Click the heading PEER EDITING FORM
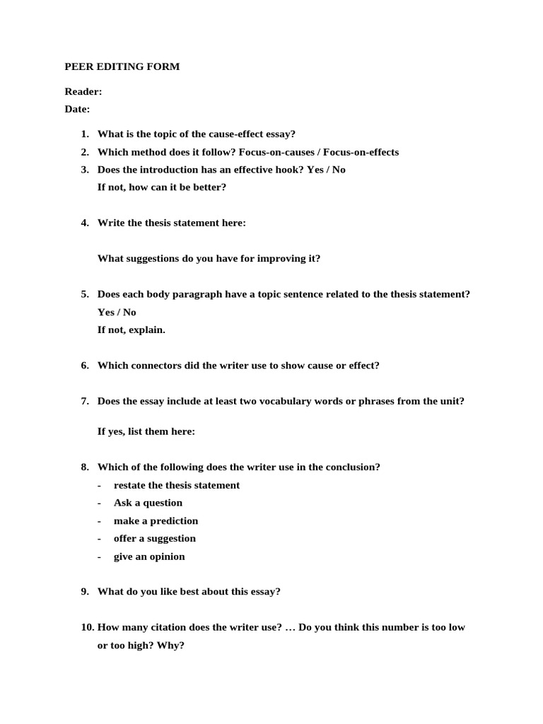[122, 67]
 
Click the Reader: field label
[83, 91]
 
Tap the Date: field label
[77, 109]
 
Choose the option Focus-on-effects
[361, 152]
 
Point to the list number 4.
[85, 223]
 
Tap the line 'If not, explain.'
[131, 330]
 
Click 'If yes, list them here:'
[146, 431]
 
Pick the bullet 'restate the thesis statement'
[176, 485]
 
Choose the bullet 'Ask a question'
[148, 503]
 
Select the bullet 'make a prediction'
[156, 521]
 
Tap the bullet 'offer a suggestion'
[154, 539]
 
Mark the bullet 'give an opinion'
[149, 556]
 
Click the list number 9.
[85, 592]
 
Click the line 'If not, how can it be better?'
[161, 187]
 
